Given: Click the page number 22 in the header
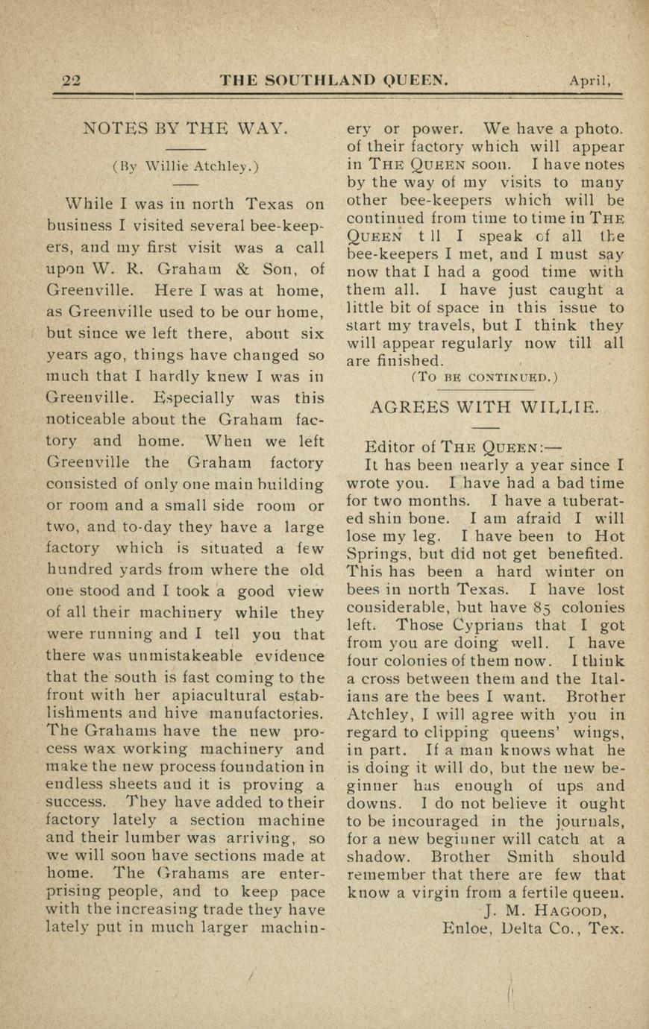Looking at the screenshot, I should (x=71, y=81).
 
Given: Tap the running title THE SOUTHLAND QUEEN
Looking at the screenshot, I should (x=333, y=80).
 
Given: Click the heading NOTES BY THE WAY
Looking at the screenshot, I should (x=185, y=128).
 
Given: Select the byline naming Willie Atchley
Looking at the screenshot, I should (x=185, y=166).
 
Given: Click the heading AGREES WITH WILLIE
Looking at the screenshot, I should (x=484, y=407).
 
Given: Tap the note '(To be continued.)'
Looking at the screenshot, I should (x=484, y=377).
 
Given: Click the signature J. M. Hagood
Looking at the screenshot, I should (x=545, y=910).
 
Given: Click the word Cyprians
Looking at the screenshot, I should (x=484, y=626).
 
